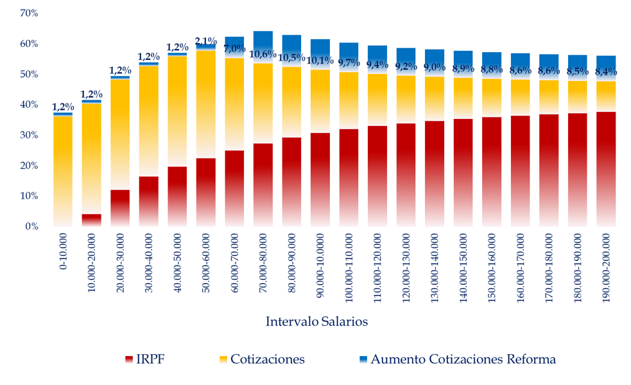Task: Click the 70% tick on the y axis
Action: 29,13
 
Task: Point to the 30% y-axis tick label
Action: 29,135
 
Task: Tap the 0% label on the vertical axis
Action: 32,226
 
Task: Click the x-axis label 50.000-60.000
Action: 206,265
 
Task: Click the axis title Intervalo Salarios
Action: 316,321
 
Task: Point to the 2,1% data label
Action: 205,41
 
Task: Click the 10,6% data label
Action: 263,54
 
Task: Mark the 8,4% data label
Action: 606,71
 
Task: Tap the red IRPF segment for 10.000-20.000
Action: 92,220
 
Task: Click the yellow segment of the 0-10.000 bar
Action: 63,170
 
